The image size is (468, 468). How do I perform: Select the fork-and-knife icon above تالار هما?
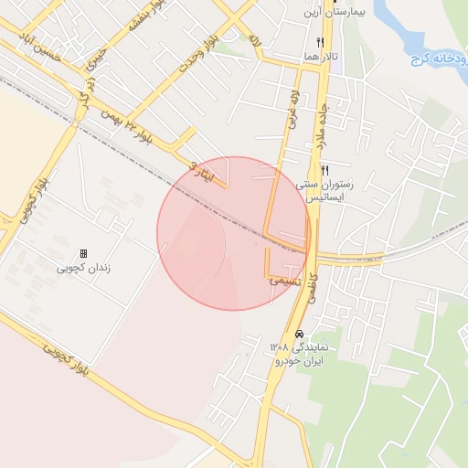tap(320, 42)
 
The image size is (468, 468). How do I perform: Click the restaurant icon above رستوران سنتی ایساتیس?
tap(325, 171)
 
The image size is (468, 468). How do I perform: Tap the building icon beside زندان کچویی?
tap(83, 252)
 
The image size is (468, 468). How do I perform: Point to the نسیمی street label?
tap(285, 282)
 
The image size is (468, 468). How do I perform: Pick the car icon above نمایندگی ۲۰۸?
tap(298, 334)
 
